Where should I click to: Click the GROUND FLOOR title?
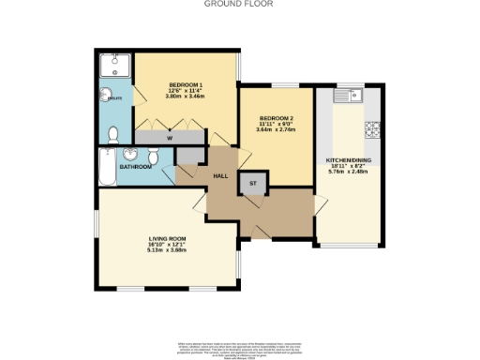(240, 4)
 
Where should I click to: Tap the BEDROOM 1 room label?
(187, 84)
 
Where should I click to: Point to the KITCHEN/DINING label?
(348, 157)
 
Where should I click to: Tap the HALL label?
(221, 175)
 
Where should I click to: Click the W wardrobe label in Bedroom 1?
(170, 138)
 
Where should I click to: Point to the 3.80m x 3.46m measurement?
(187, 96)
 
